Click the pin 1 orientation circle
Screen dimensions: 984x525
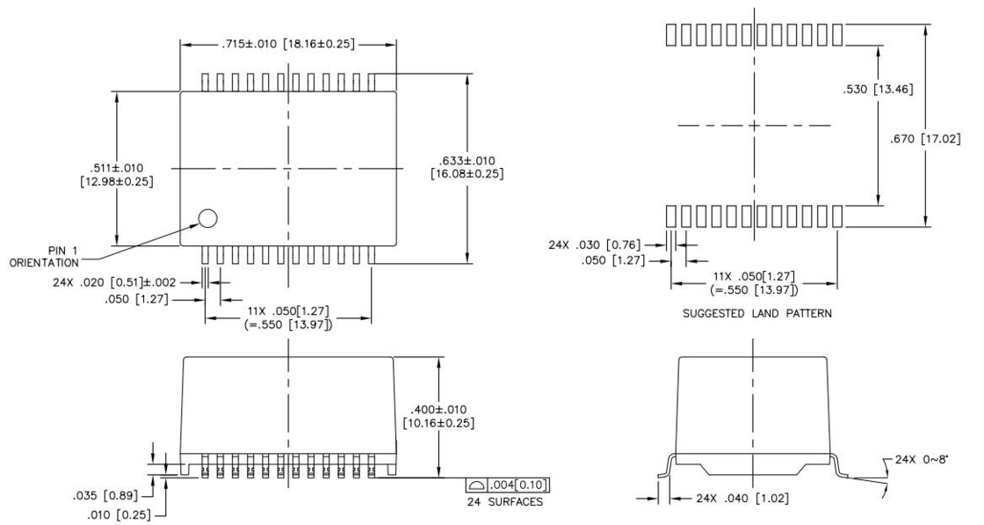(207, 218)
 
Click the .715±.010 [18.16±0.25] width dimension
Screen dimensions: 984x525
(288, 44)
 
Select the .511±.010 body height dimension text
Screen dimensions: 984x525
(117, 175)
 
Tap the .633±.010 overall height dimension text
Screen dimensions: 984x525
(467, 167)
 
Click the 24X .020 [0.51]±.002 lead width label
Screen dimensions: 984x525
(114, 282)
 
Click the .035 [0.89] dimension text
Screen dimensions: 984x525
(105, 495)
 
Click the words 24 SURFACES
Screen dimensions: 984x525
(505, 502)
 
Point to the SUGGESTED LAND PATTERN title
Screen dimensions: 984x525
(756, 313)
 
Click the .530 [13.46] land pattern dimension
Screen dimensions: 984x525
(878, 89)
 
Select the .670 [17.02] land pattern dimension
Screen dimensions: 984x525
(925, 139)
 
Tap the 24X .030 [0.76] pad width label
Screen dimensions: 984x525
(595, 244)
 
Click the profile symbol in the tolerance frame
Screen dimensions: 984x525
(476, 485)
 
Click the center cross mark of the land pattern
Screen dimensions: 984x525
(754, 125)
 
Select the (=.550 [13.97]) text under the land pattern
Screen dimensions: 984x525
(754, 289)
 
